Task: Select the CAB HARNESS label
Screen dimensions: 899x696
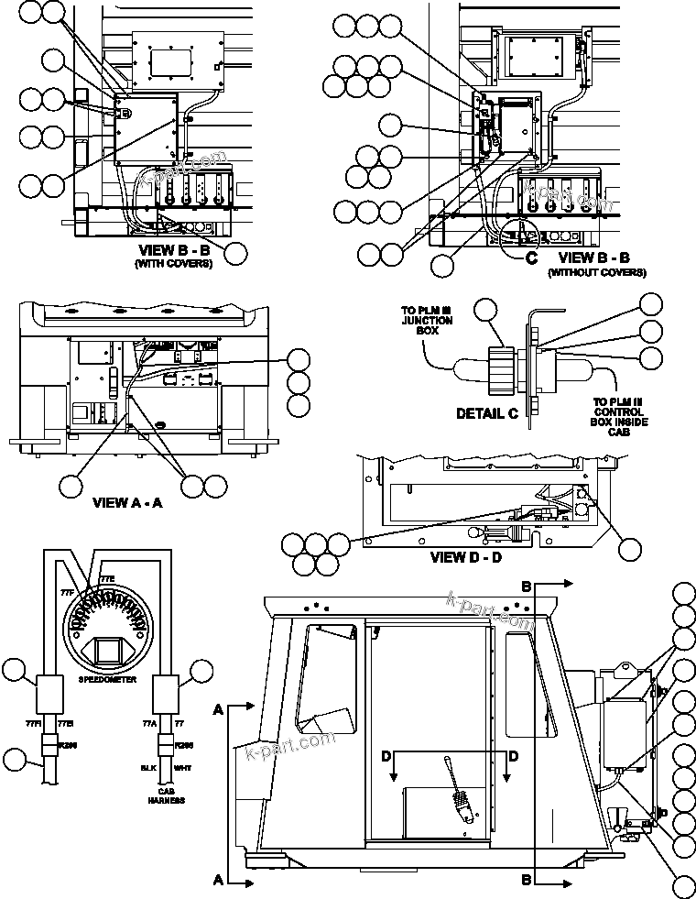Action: click(x=171, y=795)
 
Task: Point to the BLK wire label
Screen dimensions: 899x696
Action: click(x=144, y=766)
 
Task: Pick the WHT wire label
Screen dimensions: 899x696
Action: click(x=183, y=766)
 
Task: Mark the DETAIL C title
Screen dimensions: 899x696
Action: click(x=487, y=413)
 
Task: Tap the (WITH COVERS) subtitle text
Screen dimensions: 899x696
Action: click(x=174, y=264)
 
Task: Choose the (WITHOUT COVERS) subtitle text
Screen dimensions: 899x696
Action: click(x=596, y=272)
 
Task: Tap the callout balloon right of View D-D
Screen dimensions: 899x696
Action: click(x=632, y=548)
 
